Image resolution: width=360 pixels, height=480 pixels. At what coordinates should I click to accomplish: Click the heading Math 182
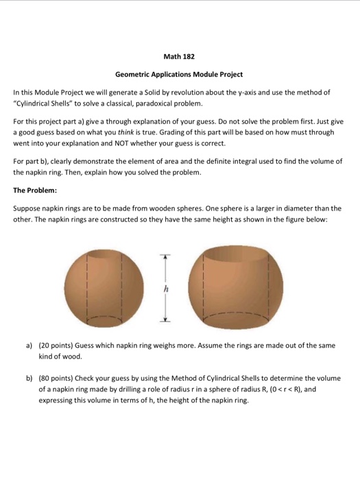180,56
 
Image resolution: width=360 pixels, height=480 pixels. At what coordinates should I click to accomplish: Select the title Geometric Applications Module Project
179,74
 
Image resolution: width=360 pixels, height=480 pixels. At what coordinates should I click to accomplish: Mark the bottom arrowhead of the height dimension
164,320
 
